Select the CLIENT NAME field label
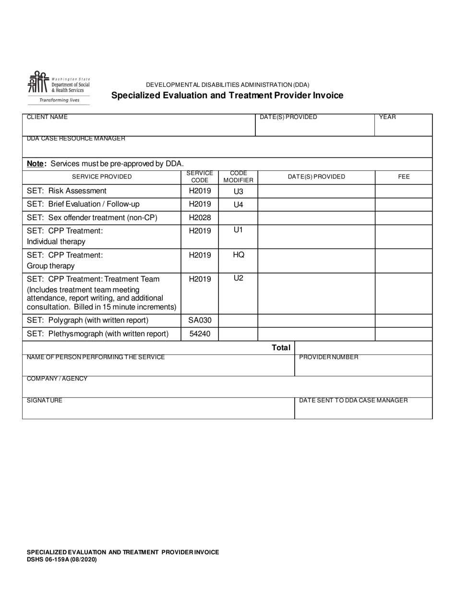(47, 117)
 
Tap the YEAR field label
(387, 117)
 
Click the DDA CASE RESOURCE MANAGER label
(76, 139)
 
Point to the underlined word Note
(36, 164)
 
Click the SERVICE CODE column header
(200, 177)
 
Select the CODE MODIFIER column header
(238, 177)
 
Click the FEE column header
(404, 177)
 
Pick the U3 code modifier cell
(238, 191)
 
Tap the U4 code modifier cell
(238, 205)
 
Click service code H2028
(200, 218)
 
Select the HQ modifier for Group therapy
(238, 255)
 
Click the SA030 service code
(200, 320)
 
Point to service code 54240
(200, 333)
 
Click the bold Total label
(281, 348)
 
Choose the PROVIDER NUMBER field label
(328, 357)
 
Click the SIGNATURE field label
(44, 401)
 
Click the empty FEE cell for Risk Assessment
(404, 191)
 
